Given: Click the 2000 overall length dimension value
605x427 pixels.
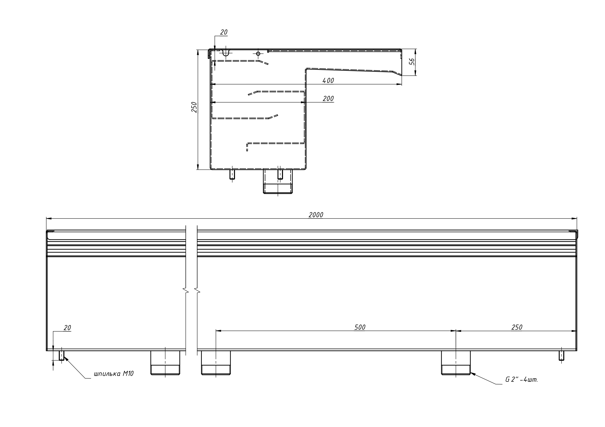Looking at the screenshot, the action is coord(316,215).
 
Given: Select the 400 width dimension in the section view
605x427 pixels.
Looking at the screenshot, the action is coord(328,81).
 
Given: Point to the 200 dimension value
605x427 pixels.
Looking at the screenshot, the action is coord(328,99).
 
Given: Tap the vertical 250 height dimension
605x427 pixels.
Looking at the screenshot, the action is coord(194,107).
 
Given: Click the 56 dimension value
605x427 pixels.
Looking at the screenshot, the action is coord(412,62).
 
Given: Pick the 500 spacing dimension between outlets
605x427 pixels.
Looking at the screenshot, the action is coord(360,327).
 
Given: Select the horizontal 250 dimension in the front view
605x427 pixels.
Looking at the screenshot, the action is coord(517,327).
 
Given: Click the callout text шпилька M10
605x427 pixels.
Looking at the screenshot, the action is coord(114,373).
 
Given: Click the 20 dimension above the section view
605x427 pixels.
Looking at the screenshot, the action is coord(224,32).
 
